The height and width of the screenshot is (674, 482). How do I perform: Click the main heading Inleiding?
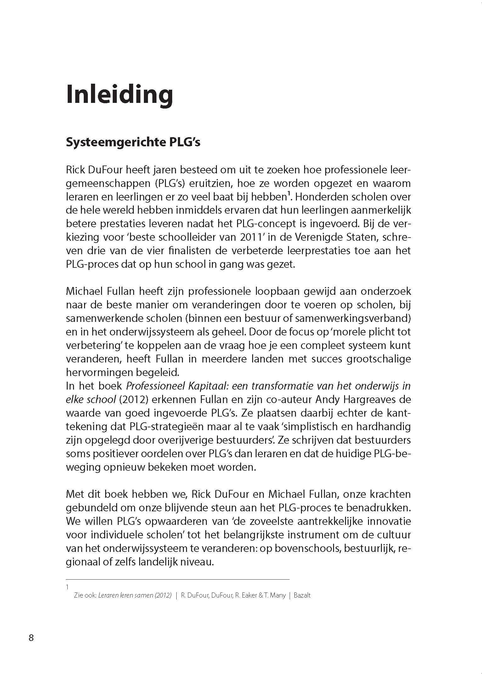(120, 94)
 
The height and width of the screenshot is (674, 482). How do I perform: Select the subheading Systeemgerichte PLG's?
(133, 143)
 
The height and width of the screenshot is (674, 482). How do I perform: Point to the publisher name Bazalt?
(302, 595)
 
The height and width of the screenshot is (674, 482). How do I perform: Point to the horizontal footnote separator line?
(177, 579)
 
